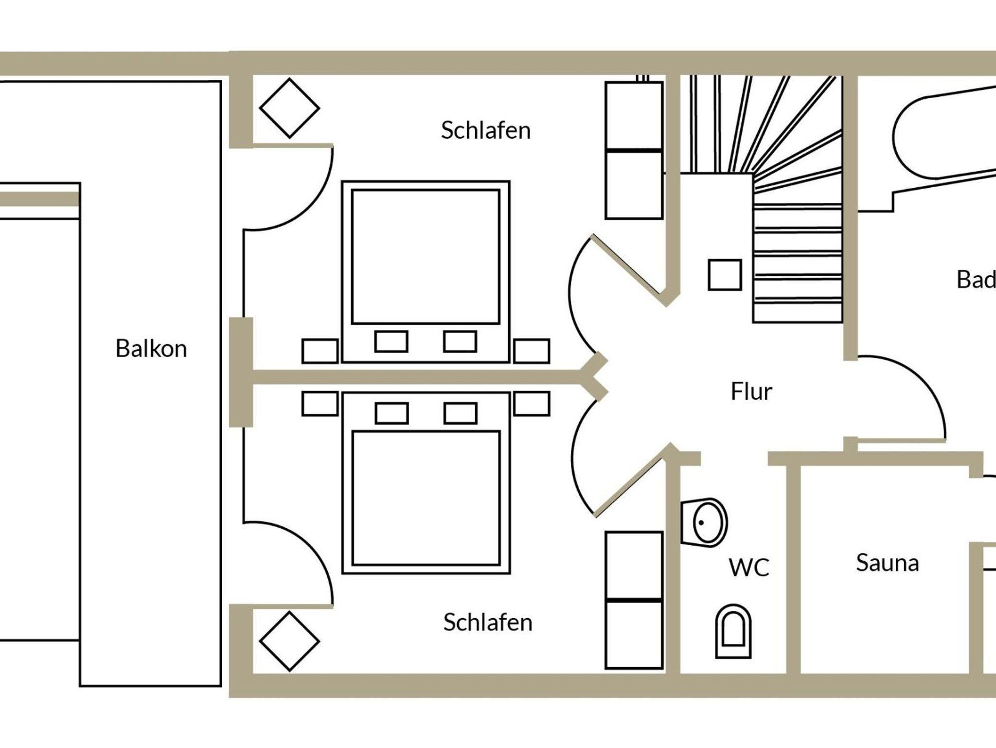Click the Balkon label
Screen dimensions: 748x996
(151, 349)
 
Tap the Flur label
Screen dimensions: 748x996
(751, 392)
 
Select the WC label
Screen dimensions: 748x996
(749, 568)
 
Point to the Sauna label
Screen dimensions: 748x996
(887, 563)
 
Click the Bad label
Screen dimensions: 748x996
(975, 280)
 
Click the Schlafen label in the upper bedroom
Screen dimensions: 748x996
(485, 130)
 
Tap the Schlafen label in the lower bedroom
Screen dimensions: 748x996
(488, 623)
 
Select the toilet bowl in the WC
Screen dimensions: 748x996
(733, 631)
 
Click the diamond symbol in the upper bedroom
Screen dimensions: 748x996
(289, 108)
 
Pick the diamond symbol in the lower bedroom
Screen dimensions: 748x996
(289, 641)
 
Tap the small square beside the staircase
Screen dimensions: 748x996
(725, 275)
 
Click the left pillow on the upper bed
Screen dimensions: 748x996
(391, 341)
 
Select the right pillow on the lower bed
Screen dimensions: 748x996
(460, 413)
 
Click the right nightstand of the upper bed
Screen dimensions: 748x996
(532, 351)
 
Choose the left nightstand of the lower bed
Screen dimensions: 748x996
(320, 404)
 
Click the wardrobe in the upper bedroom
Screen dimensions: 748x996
(634, 151)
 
